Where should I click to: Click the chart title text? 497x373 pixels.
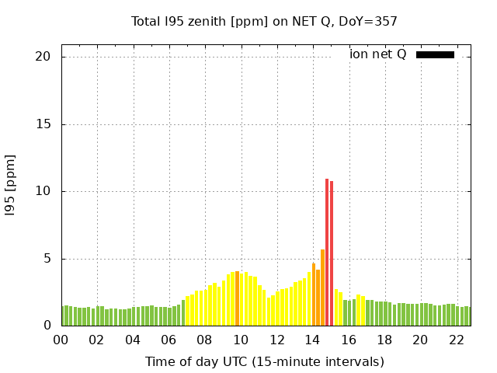click(264, 21)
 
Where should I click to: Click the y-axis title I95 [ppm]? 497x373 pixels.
click(10, 185)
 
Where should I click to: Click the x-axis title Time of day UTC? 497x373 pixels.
click(264, 361)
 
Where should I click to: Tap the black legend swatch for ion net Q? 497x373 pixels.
click(435, 54)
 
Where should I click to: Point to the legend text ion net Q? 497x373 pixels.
click(378, 54)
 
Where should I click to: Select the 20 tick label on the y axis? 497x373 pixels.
click(43, 57)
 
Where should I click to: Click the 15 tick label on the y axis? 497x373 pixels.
click(43, 124)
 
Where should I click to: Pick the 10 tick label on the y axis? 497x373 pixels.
click(43, 191)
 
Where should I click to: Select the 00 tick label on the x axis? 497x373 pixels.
click(61, 340)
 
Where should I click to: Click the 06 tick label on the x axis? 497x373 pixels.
click(169, 340)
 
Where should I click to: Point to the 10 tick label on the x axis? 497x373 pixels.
click(241, 340)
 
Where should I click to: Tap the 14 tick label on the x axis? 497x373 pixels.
click(312, 340)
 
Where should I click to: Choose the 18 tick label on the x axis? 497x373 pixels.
click(384, 340)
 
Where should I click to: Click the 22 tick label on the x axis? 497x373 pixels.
click(456, 340)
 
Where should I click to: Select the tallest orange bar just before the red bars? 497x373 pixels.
click(322, 288)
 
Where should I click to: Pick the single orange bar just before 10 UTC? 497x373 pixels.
click(237, 298)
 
